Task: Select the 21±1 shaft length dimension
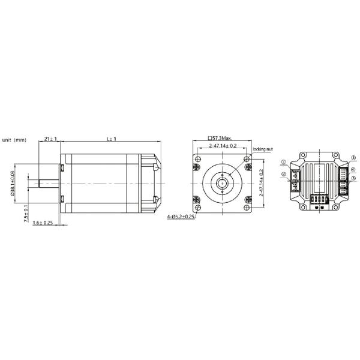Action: [x=50, y=139]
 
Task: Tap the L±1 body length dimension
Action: [x=111, y=139]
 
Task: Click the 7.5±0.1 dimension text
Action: [x=26, y=214]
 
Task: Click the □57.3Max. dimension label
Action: [x=221, y=138]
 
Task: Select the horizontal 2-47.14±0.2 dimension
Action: [x=221, y=146]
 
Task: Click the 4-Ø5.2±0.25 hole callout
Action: [x=181, y=217]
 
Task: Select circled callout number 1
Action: [x=284, y=163]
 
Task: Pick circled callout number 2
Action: [x=284, y=175]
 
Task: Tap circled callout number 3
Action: [x=353, y=157]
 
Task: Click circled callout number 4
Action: [x=353, y=170]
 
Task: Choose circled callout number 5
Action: [x=353, y=178]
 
